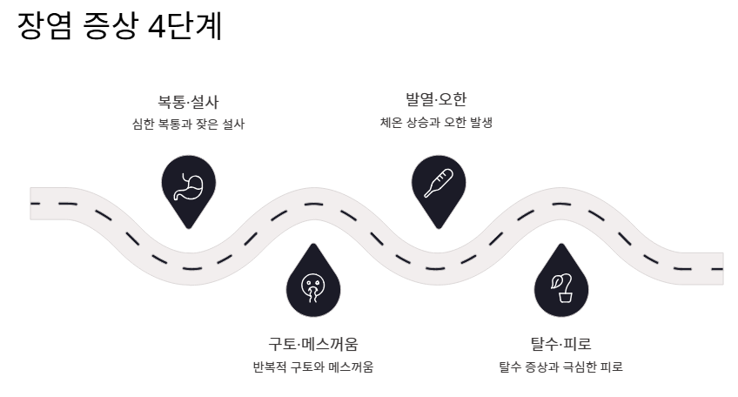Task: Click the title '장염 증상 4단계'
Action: [x=119, y=27]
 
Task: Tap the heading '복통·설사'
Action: [x=188, y=101]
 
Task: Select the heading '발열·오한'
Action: [x=436, y=98]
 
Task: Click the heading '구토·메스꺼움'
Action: [x=313, y=343]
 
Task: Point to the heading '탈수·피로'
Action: [x=560, y=343]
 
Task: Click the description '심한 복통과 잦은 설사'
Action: [x=188, y=124]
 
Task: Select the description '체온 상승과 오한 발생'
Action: [x=436, y=122]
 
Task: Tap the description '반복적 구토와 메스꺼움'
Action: [x=313, y=367]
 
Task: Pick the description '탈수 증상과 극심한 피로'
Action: [x=560, y=367]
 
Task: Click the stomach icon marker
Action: [x=188, y=185]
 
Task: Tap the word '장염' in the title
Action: [x=43, y=27]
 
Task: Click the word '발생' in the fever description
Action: [x=480, y=122]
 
